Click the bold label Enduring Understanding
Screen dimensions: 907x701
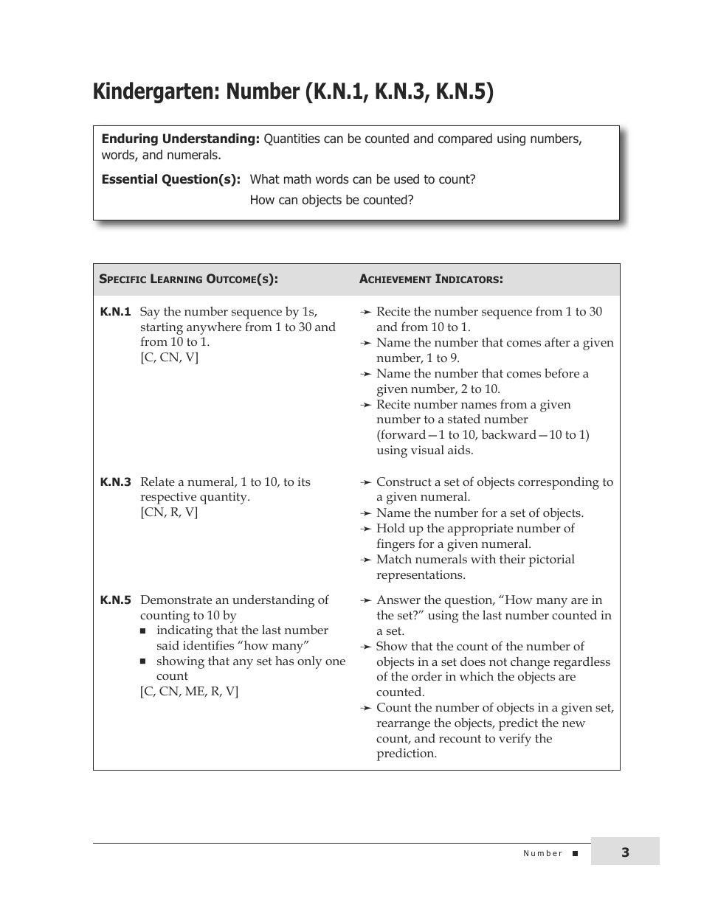(180, 139)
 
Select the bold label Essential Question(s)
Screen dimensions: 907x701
(170, 179)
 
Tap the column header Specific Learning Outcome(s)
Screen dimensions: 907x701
(188, 279)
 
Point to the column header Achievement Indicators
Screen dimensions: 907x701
(431, 279)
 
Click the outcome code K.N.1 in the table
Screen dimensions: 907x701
(115, 312)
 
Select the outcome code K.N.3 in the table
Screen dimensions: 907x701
(115, 482)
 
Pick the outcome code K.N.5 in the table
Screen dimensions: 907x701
(115, 600)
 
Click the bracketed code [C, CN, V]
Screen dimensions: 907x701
(169, 358)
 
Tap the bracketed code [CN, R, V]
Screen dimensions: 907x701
(169, 512)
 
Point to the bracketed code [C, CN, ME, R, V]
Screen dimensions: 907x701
(189, 692)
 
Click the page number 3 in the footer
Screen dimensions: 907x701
(625, 852)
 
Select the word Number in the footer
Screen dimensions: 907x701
(543, 853)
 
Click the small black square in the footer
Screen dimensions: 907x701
(576, 853)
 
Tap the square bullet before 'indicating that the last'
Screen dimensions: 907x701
(144, 631)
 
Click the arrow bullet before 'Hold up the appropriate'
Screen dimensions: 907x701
(365, 529)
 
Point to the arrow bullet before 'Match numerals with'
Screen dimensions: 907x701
(365, 560)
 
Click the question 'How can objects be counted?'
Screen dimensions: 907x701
(331, 200)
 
